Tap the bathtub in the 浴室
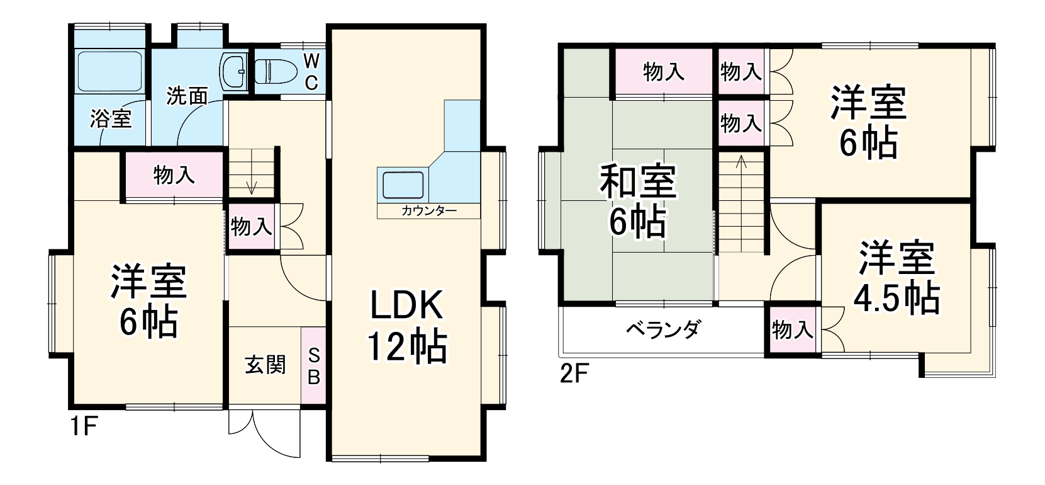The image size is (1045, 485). click(x=109, y=71)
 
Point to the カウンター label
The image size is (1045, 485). click(x=428, y=211)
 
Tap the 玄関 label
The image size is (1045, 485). click(x=265, y=365)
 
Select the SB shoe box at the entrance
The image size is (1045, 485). click(x=313, y=365)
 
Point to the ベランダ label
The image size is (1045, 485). click(x=662, y=329)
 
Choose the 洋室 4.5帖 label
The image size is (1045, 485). click(x=896, y=278)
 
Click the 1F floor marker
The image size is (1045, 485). click(x=82, y=427)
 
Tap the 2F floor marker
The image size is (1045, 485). click(x=573, y=374)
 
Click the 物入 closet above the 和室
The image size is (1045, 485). click(x=664, y=72)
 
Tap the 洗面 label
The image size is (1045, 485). click(x=187, y=96)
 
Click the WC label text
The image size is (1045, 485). click(x=311, y=72)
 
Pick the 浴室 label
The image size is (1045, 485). click(x=111, y=118)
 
